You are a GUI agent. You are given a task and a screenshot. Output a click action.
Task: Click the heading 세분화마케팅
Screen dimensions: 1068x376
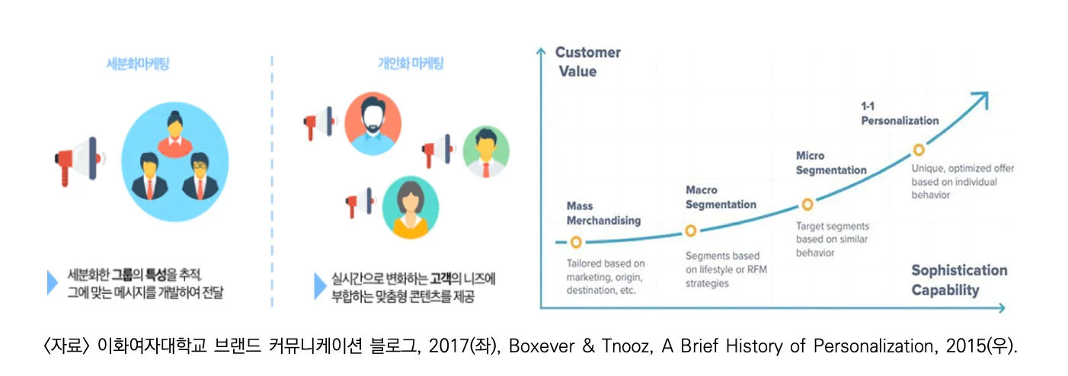[137, 64]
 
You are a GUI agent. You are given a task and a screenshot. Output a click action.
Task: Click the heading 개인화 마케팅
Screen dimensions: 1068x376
[411, 63]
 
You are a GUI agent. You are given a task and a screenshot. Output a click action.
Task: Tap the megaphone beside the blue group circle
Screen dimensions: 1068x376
[79, 161]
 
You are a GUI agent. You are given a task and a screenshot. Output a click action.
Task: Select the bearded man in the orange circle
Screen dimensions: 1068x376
[373, 123]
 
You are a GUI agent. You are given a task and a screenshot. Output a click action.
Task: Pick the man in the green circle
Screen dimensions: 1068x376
[486, 151]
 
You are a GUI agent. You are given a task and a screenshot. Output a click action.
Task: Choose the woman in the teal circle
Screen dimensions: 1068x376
[411, 208]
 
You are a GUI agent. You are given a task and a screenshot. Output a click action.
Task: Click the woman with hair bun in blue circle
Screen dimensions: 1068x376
[175, 135]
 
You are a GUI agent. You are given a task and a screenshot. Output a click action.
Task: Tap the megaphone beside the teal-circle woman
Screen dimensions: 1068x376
[360, 202]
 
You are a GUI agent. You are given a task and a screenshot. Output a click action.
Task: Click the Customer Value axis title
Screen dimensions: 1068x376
[588, 62]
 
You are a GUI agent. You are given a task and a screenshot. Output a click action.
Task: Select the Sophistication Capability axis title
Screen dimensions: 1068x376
[959, 280]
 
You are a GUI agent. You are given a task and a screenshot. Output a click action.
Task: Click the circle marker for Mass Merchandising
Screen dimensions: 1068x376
[576, 242]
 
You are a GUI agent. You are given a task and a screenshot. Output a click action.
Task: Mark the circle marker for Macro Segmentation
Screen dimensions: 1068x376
[690, 231]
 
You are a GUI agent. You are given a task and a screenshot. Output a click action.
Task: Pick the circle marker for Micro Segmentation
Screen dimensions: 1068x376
[807, 205]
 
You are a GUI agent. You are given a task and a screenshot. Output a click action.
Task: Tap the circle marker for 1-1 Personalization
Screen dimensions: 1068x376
[919, 150]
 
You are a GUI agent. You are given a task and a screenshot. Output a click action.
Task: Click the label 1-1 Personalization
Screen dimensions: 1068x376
[900, 113]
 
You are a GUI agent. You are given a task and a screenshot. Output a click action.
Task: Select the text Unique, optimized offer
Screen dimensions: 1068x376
[963, 168]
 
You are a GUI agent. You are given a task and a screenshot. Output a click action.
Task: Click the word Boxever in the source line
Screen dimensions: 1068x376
[542, 346]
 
